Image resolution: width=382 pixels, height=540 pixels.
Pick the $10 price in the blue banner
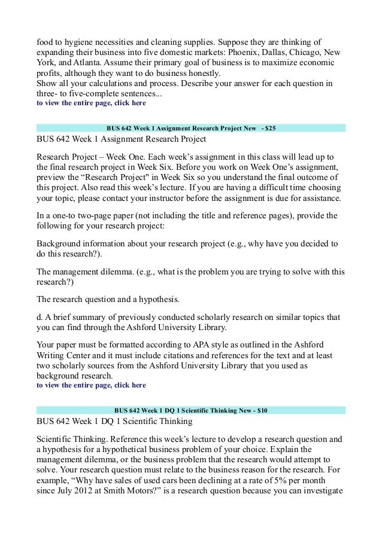click(260, 411)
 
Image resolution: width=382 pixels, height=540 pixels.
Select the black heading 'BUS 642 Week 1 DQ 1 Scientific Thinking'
click(114, 423)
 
